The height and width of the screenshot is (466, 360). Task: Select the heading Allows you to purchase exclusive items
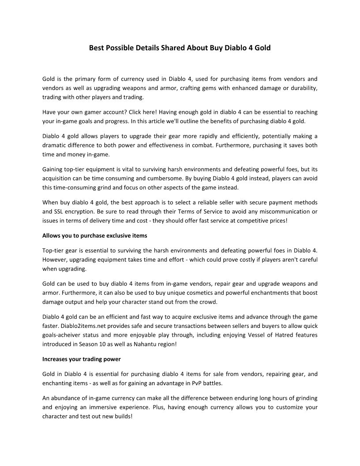point(94,235)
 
